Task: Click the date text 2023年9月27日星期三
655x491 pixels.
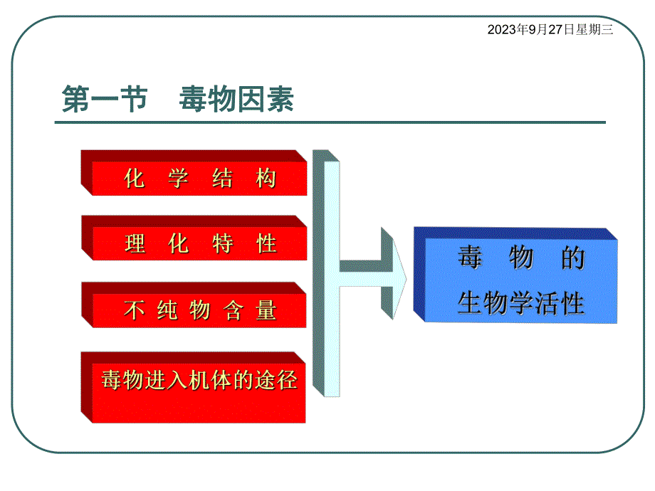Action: pyautogui.click(x=550, y=30)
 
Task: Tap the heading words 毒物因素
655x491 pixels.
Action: pyautogui.click(x=236, y=100)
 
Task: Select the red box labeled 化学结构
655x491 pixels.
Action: pyautogui.click(x=199, y=178)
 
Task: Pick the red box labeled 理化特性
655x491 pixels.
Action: pyautogui.click(x=199, y=243)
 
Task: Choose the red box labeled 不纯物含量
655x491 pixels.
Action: pyautogui.click(x=199, y=310)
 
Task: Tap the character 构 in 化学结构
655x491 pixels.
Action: pyautogui.click(x=266, y=178)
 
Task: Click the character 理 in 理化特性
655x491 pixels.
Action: pyautogui.click(x=135, y=244)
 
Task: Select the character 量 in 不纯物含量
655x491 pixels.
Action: pyautogui.click(x=266, y=310)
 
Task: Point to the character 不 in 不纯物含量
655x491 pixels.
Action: pyautogui.click(x=135, y=310)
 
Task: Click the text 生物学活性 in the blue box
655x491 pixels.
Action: pyautogui.click(x=520, y=304)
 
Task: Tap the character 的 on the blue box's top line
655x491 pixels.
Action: pyautogui.click(x=572, y=258)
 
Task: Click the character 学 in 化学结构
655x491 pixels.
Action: pyautogui.click(x=178, y=178)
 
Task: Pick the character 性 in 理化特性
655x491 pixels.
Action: pyautogui.click(x=266, y=244)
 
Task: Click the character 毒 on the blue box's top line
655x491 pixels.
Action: pyautogui.click(x=469, y=258)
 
